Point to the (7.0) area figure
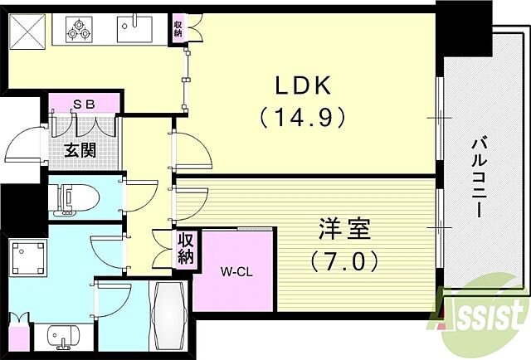click(344, 262)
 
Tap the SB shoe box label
click(83, 104)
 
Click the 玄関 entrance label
click(81, 151)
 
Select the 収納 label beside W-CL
click(184, 250)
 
